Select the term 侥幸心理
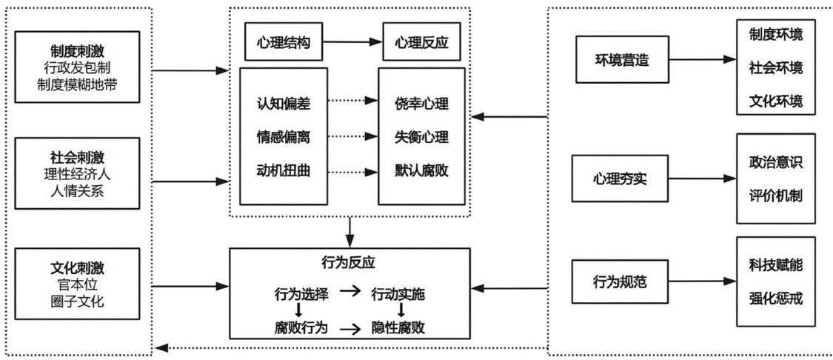pyautogui.click(x=422, y=104)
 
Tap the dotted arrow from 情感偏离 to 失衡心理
pyautogui.click(x=351, y=137)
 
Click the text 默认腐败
pyautogui.click(x=422, y=170)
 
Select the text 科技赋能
pyautogui.click(x=775, y=265)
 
